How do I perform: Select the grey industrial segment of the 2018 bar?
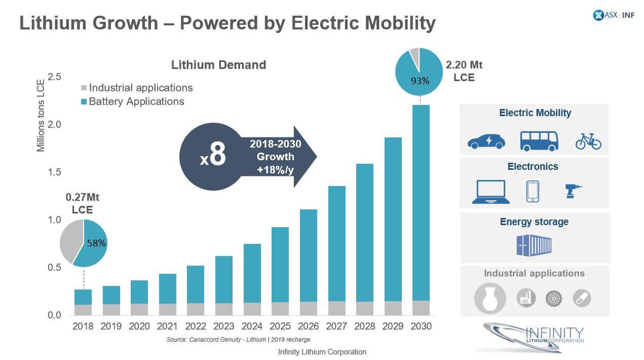[83, 310]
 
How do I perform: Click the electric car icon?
[486, 141]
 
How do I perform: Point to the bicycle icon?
[588, 142]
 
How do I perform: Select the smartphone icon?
[532, 192]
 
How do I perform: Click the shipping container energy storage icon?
[533, 244]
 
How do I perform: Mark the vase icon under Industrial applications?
[490, 298]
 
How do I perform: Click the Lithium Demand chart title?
[219, 65]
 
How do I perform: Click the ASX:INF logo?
[605, 16]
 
